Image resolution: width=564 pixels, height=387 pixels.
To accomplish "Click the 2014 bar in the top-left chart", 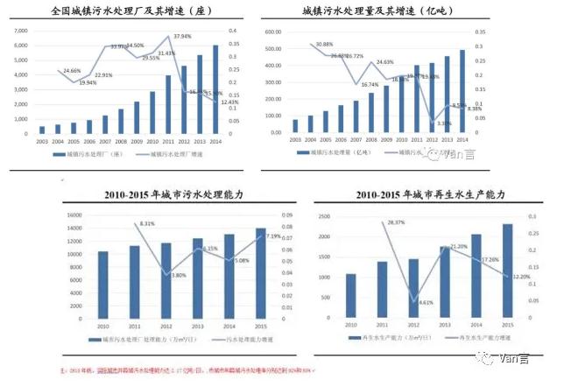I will pyautogui.click(x=216, y=88).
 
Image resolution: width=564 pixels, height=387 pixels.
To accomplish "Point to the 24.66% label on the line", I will pyautogui.click(x=72, y=71).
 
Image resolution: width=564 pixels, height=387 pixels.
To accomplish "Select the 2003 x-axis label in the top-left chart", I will pyautogui.click(x=42, y=140).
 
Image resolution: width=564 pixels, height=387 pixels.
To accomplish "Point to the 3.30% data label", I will pyautogui.click(x=444, y=123).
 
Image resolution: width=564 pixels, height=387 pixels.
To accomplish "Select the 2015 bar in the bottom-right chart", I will pyautogui.click(x=507, y=262).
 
